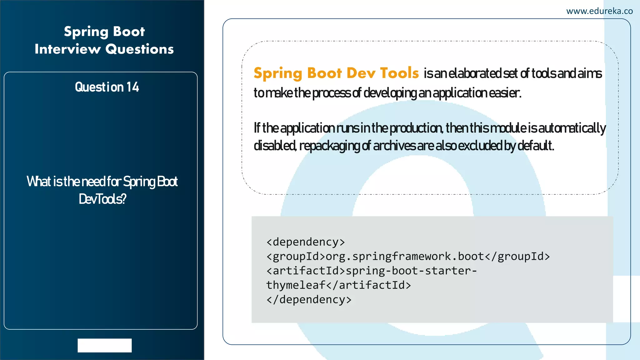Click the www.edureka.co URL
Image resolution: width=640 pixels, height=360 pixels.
tap(599, 11)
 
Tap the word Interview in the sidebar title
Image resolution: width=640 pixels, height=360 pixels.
tap(67, 49)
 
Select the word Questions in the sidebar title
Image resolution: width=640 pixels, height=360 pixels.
tap(139, 49)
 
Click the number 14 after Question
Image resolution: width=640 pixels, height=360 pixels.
tap(132, 87)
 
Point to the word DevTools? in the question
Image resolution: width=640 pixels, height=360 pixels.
tap(102, 199)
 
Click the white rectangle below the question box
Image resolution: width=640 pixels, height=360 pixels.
tap(105, 345)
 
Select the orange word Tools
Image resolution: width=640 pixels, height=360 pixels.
tap(399, 73)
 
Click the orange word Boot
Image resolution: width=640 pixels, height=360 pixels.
tap(325, 73)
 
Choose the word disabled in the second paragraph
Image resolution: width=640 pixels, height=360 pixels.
tap(274, 146)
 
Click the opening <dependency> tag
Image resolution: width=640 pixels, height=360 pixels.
tap(306, 242)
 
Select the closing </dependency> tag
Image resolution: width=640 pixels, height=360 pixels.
tap(309, 300)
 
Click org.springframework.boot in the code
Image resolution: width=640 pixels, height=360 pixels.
tap(405, 257)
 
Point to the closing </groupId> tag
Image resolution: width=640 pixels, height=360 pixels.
tap(517, 257)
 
